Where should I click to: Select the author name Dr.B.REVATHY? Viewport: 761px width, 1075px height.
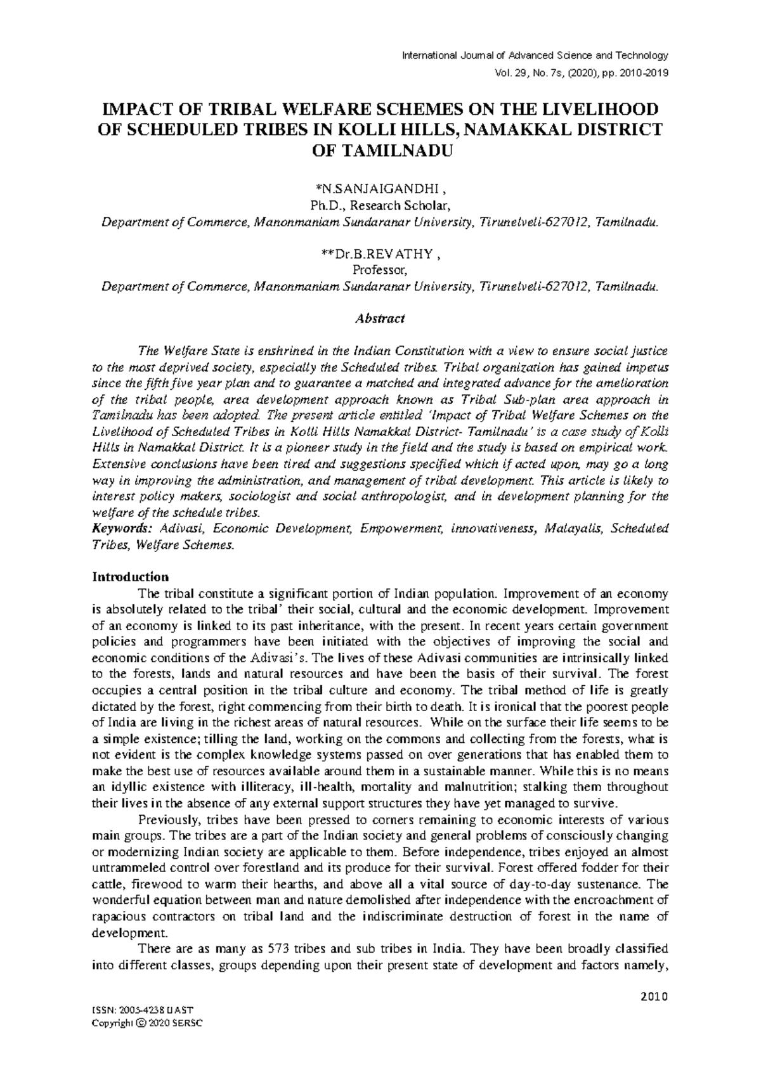point(380,255)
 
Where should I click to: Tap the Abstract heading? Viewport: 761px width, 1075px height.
point(380,318)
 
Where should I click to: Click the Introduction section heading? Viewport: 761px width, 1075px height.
point(131,577)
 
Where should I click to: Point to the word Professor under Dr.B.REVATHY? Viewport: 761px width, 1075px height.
point(380,271)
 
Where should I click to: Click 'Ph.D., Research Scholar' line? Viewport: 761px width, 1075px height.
point(380,205)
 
